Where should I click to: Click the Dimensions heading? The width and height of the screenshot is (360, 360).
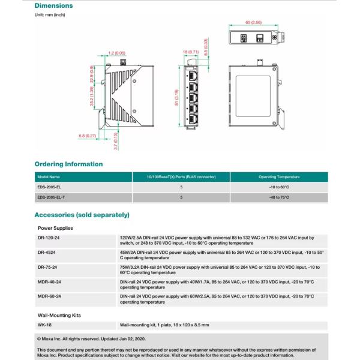(53, 6)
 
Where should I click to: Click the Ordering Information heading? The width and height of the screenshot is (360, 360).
(68, 164)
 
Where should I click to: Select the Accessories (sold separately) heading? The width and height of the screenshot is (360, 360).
(82, 215)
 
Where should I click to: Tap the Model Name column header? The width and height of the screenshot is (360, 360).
(49, 177)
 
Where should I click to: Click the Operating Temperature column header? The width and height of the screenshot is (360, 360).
(279, 177)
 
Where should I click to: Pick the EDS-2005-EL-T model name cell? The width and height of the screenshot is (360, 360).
(51, 197)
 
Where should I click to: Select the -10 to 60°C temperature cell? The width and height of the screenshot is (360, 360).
(279, 187)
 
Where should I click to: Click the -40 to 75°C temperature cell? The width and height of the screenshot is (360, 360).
(279, 197)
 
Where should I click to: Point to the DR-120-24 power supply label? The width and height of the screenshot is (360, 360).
(49, 238)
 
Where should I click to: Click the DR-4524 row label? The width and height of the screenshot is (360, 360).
(47, 253)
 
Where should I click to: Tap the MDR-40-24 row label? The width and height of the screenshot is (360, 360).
(49, 281)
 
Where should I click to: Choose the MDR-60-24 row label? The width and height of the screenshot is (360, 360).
(49, 296)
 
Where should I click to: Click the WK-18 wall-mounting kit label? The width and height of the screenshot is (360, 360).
(43, 325)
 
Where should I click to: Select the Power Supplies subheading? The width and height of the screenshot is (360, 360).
(55, 228)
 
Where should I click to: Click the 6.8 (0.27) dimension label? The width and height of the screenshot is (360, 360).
(88, 136)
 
